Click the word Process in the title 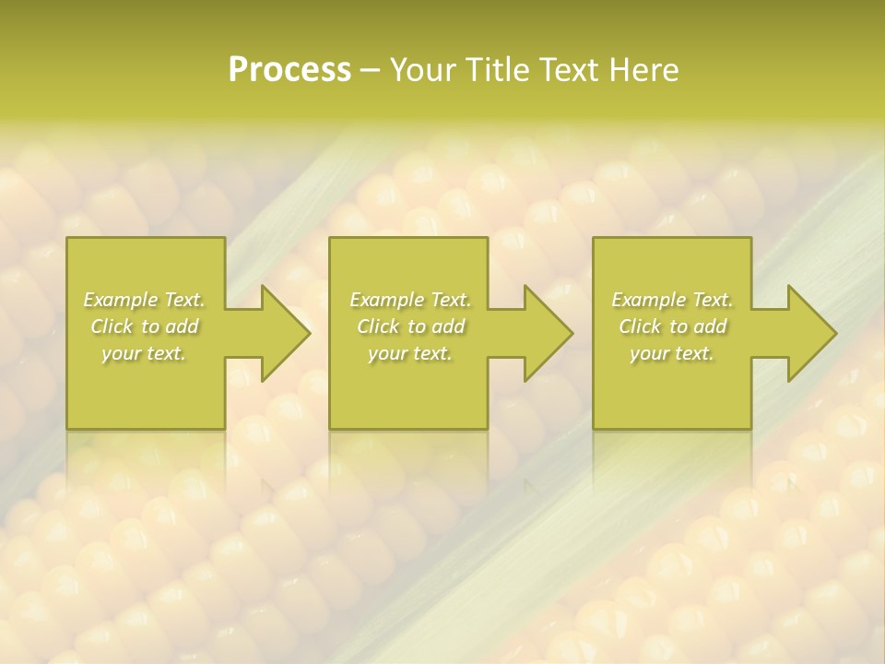(289, 70)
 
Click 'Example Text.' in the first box (145, 300)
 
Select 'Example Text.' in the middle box (410, 300)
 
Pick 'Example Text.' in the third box (672, 300)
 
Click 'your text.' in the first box (145, 353)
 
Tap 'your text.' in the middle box (410, 353)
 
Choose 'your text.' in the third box (672, 353)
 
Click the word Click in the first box (112, 326)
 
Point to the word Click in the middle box (378, 326)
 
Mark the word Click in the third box (640, 326)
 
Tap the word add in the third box (709, 326)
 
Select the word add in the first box (181, 326)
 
